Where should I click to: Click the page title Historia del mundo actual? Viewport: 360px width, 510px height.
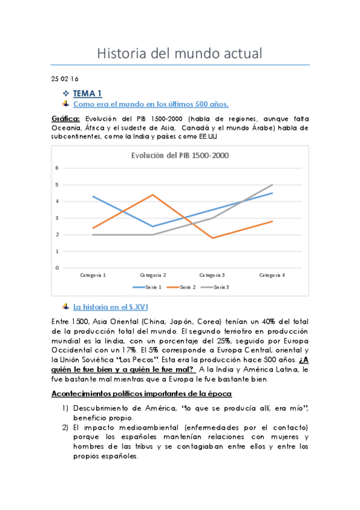click(180, 53)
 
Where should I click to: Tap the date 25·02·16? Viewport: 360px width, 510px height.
click(64, 79)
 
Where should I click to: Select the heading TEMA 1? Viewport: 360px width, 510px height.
click(88, 93)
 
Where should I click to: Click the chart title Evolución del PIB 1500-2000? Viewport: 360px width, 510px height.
click(180, 155)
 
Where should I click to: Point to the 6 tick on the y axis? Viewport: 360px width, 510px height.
click(58, 168)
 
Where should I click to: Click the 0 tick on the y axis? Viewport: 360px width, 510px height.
click(58, 268)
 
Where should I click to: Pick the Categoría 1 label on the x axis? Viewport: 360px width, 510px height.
click(93, 275)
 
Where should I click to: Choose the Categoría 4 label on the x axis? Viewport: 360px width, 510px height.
click(272, 275)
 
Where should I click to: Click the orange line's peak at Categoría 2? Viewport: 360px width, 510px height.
click(153, 195)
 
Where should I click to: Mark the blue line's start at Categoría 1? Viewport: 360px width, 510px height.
click(93, 197)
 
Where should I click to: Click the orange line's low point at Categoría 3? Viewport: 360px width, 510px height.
click(213, 238)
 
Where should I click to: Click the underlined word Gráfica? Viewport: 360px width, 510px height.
click(66, 118)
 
